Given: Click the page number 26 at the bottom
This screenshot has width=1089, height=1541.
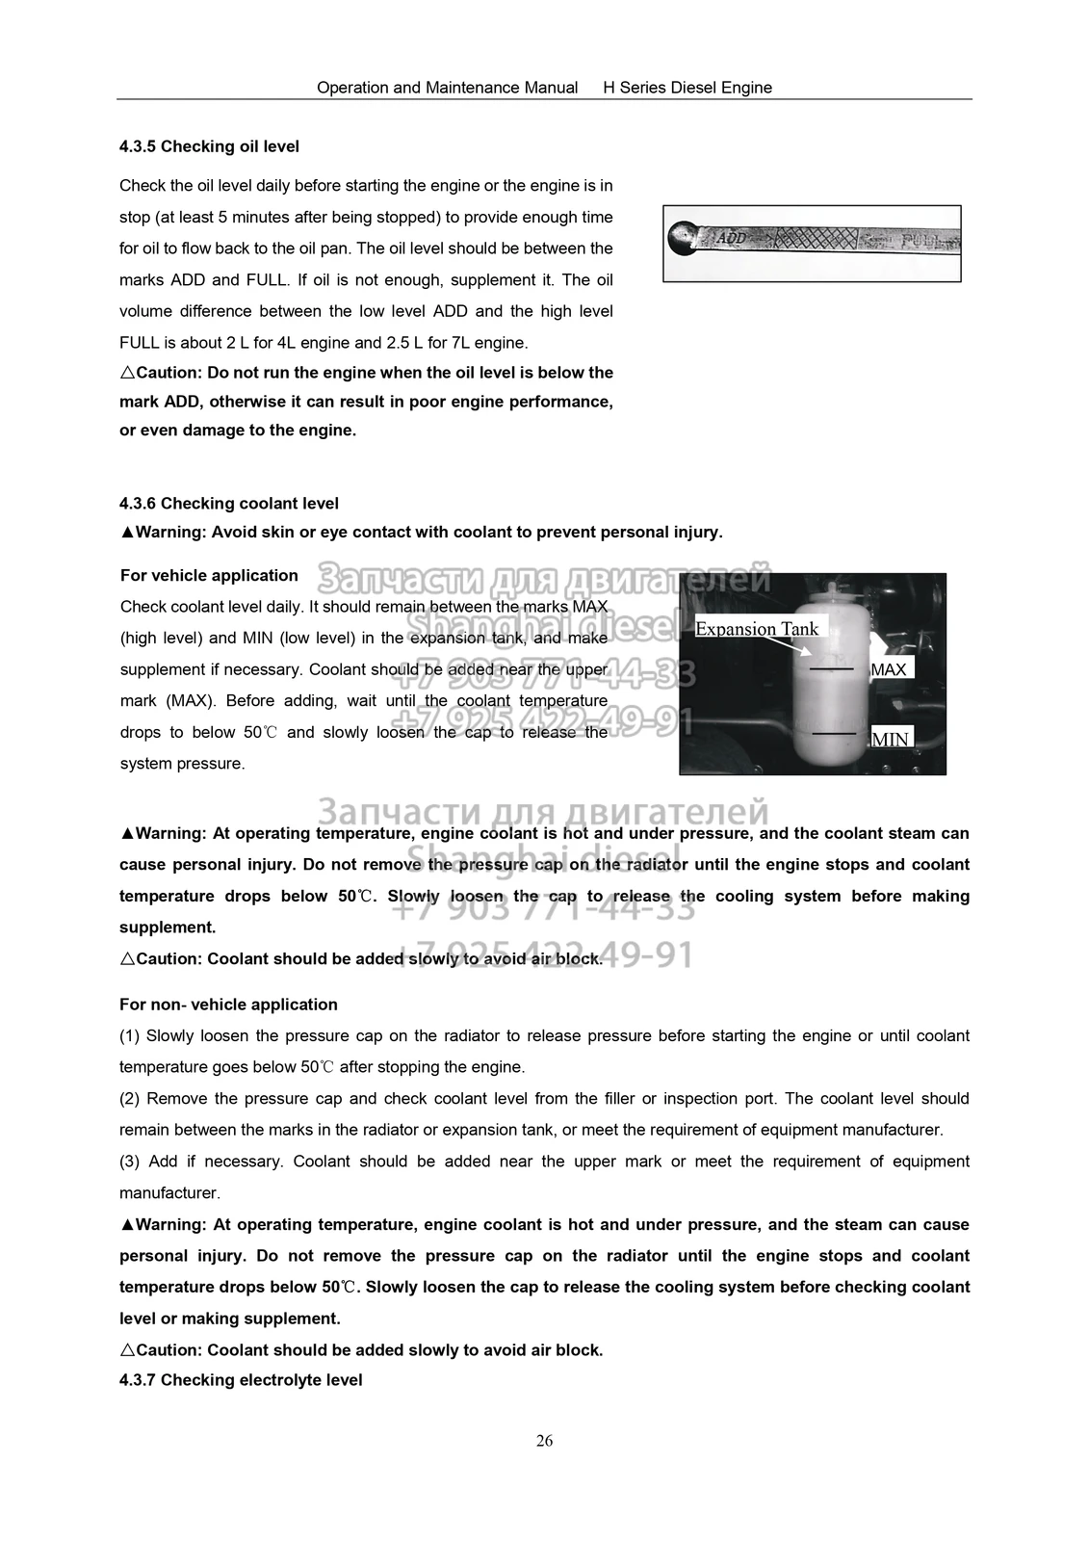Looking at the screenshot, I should [x=544, y=1441].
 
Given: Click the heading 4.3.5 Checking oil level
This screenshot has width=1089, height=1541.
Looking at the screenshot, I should [x=209, y=146].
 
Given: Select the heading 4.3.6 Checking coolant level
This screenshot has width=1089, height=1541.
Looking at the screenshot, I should [x=229, y=503].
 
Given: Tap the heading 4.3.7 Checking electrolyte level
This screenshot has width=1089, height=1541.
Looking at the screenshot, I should [x=241, y=1380].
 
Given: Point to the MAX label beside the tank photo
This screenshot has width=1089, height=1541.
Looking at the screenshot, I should [x=888, y=669].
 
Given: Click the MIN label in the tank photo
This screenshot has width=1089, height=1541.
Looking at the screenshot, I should [x=890, y=740].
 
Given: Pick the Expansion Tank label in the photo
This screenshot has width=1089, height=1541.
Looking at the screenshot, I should [x=756, y=629].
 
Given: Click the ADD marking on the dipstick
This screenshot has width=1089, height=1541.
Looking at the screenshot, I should [x=733, y=237].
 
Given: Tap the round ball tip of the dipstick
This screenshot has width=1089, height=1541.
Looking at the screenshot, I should [x=683, y=237].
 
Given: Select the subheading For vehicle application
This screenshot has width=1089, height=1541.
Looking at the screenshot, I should [x=209, y=575].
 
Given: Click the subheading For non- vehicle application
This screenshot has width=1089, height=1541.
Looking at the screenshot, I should [x=228, y=1005].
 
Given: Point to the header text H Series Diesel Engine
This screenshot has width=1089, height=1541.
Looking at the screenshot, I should [x=687, y=88].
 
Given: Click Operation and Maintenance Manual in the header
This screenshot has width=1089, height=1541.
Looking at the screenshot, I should [x=447, y=88].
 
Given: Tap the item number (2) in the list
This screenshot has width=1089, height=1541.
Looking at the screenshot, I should [x=130, y=1099].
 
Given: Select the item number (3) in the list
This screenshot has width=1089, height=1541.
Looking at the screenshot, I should [x=130, y=1162].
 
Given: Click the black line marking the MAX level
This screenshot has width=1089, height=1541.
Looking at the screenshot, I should [x=832, y=668].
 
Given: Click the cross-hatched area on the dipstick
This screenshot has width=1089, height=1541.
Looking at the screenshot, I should [x=818, y=237].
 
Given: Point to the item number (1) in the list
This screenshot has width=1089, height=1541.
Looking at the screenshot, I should [x=130, y=1036].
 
